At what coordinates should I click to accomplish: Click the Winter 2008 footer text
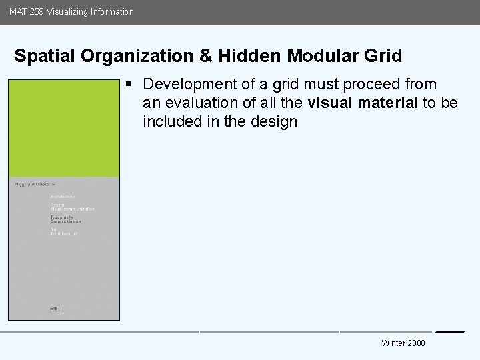(403, 343)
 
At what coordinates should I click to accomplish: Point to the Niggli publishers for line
(32, 184)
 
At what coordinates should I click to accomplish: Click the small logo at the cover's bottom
(53, 308)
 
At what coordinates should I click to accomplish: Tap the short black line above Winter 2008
(449, 331)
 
